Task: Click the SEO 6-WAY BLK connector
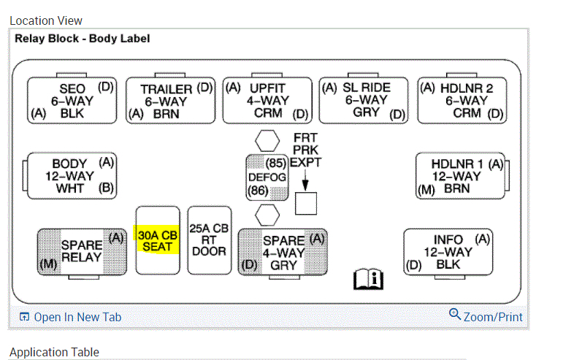[x=72, y=100]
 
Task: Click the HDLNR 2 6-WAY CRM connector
[x=462, y=100]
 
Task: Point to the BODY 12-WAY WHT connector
[x=72, y=176]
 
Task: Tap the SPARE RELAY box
[x=81, y=251]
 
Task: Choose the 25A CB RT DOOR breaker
[x=209, y=240]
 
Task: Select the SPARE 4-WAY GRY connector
[x=283, y=251]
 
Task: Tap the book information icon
[x=368, y=278]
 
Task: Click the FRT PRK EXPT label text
[x=305, y=150]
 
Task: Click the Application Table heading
[x=54, y=352]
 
